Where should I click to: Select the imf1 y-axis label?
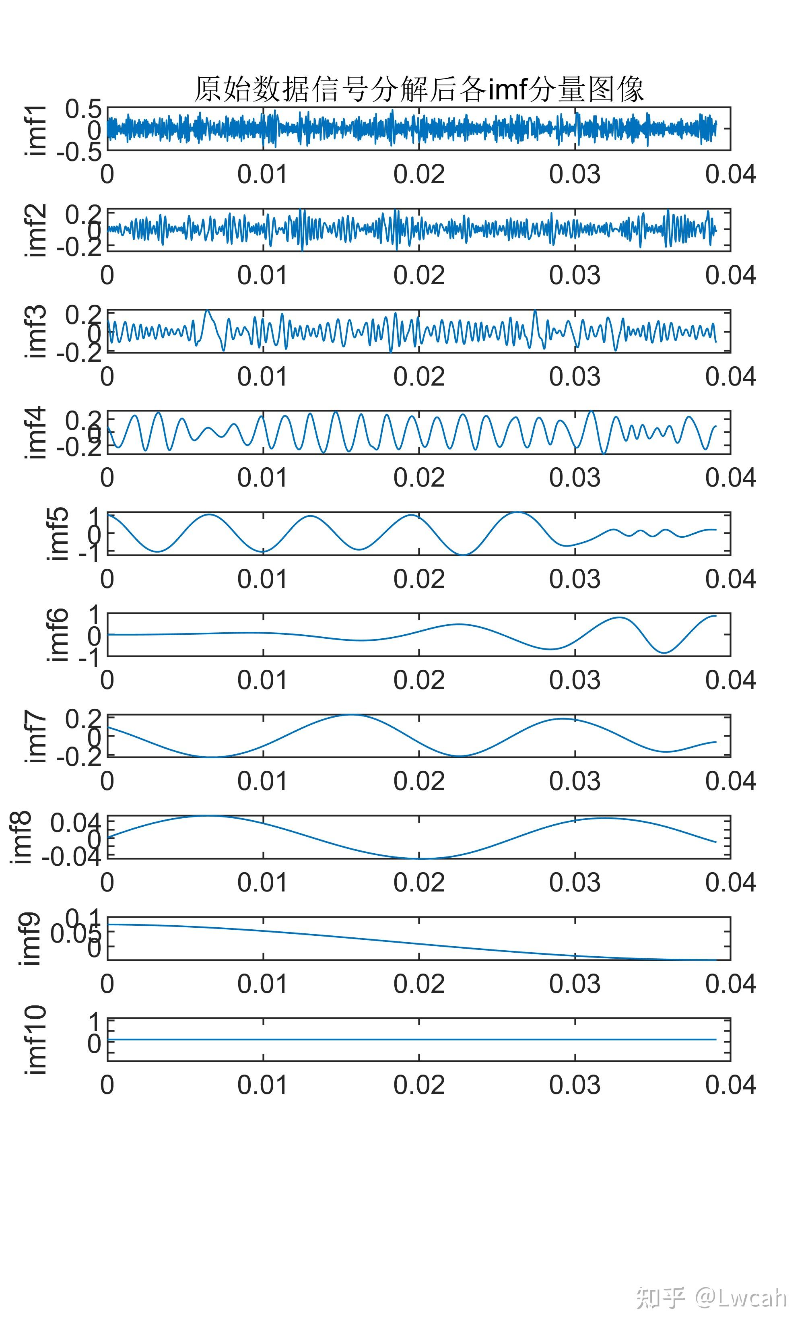(36, 130)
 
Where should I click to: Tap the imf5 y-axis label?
(58, 534)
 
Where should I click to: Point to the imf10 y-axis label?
(36, 1040)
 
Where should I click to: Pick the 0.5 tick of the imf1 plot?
(83, 109)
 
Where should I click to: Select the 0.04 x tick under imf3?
(730, 376)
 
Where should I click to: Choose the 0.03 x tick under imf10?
(575, 1085)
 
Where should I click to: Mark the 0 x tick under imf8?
(107, 883)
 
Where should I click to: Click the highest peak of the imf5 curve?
(517, 512)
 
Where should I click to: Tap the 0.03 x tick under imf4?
(575, 478)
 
